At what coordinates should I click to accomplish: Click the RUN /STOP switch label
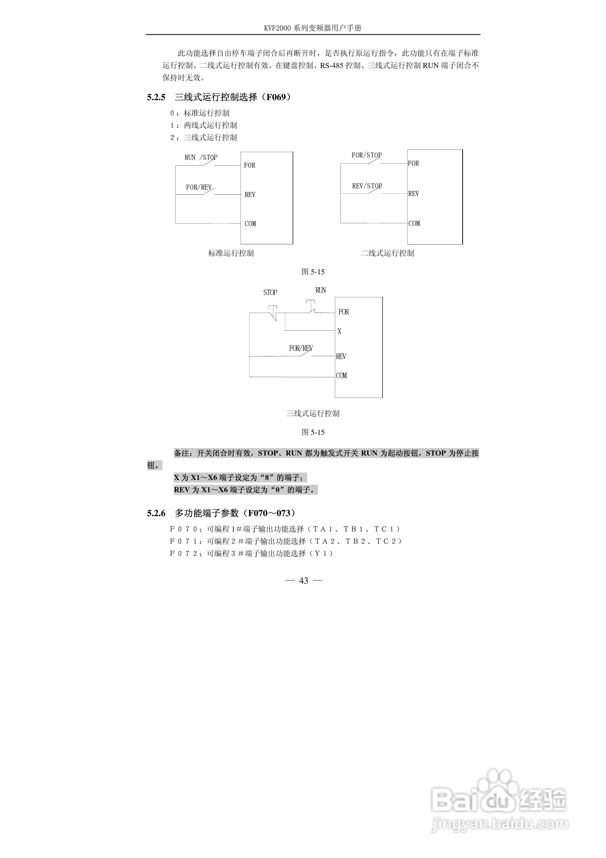point(201,157)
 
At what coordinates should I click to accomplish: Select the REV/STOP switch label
point(367,186)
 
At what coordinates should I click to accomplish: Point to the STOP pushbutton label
point(270,292)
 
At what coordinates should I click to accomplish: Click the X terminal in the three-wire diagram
point(340,331)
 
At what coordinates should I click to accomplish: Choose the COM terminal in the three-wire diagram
point(341,376)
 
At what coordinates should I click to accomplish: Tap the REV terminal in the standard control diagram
point(250,194)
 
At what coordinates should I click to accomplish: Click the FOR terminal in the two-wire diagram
point(413,163)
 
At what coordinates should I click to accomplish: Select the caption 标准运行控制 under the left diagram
point(231,253)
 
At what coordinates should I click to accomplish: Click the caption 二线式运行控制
point(387,253)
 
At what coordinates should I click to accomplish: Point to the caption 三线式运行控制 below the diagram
point(313,413)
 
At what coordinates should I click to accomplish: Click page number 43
point(304,580)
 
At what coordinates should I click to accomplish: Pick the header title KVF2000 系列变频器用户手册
point(313,28)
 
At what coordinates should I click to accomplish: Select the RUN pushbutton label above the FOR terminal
point(320,290)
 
